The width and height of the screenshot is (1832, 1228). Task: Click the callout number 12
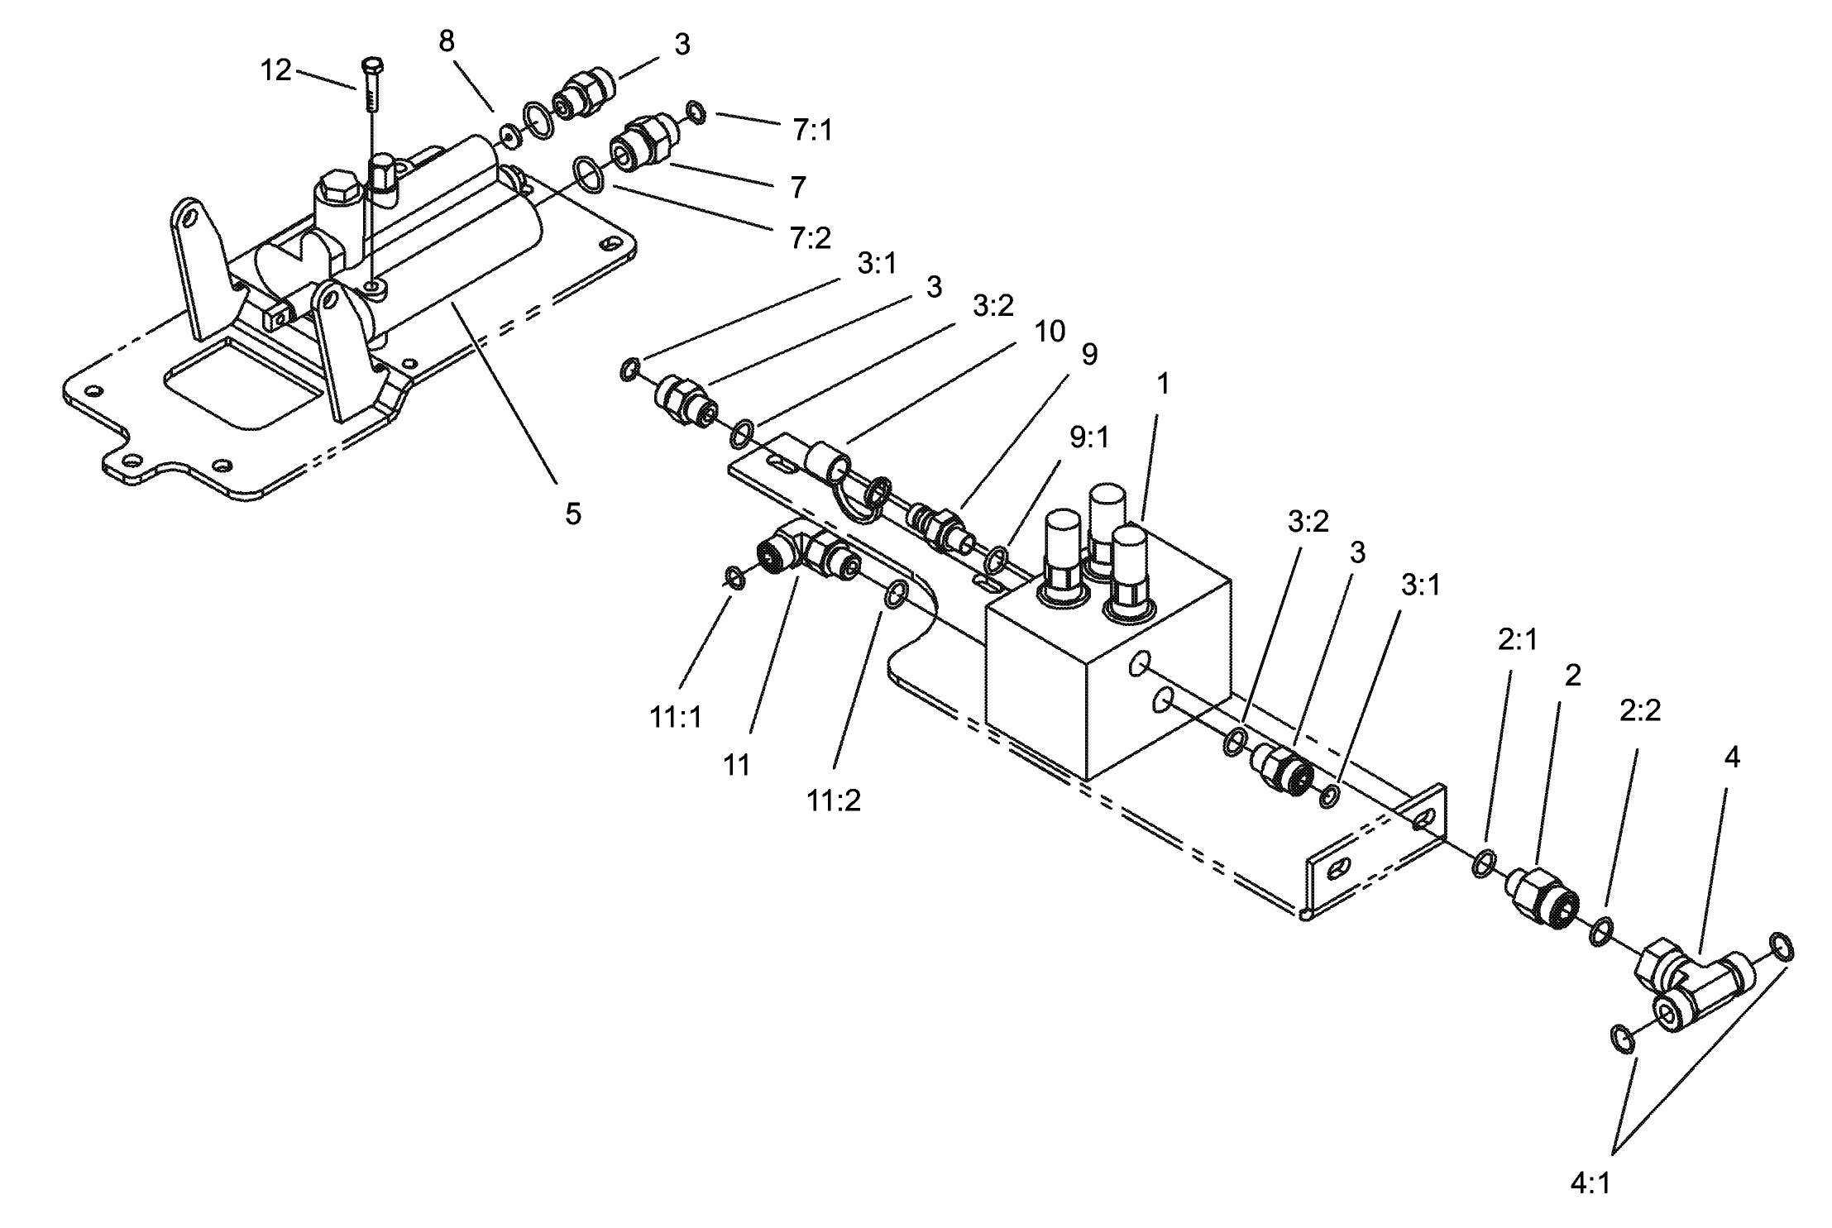276,71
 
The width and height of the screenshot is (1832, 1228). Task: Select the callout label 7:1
812,131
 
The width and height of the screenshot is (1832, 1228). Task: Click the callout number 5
573,514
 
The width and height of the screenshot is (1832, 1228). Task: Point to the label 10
1050,332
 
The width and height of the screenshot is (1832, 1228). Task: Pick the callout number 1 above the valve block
1163,384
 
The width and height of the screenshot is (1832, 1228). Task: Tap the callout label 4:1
1590,1184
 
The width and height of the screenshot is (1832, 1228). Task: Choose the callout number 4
1731,757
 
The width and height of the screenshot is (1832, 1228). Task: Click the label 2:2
1639,710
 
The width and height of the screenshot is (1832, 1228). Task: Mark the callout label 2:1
1518,639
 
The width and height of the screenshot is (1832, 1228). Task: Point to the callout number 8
447,41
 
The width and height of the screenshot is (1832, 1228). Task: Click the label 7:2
810,238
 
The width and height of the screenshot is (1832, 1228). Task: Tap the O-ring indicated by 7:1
696,112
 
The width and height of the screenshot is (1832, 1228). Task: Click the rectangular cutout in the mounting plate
240,385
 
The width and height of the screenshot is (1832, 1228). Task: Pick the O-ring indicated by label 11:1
734,577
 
